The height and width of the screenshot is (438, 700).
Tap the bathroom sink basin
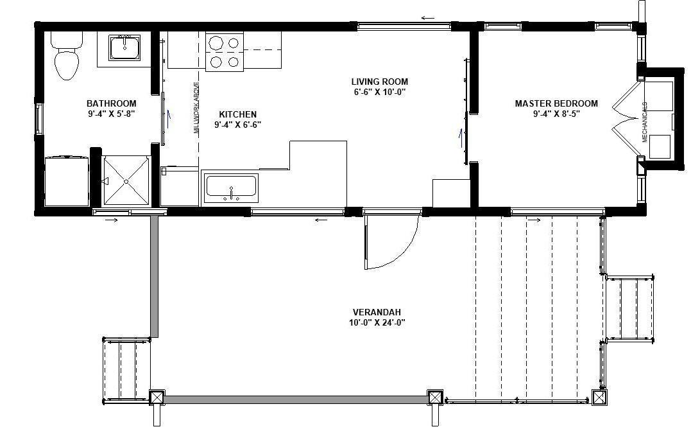coord(124,47)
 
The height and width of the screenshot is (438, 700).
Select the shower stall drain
coord(126,181)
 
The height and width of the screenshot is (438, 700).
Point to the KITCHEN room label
coord(237,114)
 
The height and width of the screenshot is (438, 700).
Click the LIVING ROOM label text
coord(379,82)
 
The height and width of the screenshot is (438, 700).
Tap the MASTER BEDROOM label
coord(556,103)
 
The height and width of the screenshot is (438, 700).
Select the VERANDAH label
coord(377,312)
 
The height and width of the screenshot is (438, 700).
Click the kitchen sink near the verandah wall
coord(230,188)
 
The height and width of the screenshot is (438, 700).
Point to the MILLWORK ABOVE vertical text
coord(196,108)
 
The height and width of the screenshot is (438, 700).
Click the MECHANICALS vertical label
coord(644,122)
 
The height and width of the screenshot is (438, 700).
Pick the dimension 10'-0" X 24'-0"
coord(377,322)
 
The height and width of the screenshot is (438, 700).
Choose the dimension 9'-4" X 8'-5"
coord(556,114)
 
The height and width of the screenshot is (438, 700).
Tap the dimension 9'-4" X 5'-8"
coord(111,114)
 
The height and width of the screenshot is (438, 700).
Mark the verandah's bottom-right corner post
coord(599,398)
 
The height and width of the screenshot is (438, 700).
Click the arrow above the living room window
coord(428,19)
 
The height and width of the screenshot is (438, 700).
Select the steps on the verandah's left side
coord(126,369)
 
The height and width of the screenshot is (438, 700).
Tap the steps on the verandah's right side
coord(629,308)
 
